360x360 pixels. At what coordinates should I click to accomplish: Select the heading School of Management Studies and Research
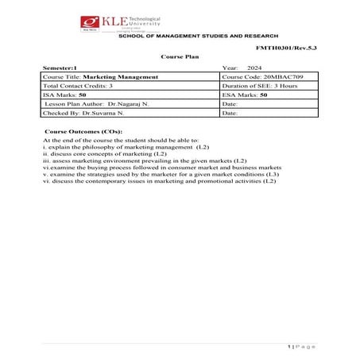[198, 37]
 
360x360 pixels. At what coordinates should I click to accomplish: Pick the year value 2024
[254, 68]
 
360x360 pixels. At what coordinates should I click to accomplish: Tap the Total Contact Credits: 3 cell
[78, 85]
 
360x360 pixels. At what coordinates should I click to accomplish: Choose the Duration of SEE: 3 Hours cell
[261, 85]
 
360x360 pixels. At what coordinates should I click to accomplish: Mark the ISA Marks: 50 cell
[64, 95]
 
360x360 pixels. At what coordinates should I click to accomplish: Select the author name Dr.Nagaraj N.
[127, 104]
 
